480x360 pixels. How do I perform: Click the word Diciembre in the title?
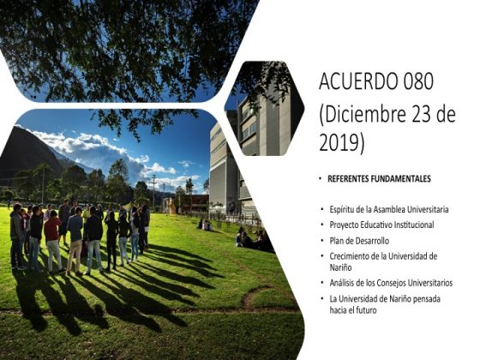click(x=365, y=113)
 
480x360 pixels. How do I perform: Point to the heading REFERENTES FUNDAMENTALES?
click(x=379, y=179)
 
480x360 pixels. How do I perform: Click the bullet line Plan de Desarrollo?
click(x=359, y=241)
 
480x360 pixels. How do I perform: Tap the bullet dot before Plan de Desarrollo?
click(x=322, y=241)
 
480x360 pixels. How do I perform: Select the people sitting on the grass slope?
click(x=254, y=239)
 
